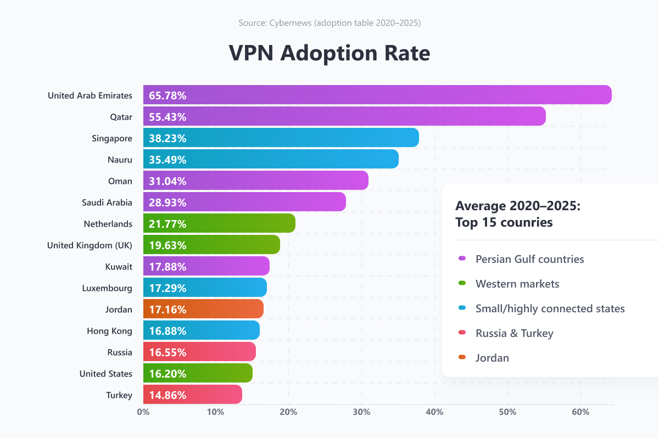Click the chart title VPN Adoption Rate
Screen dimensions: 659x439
pyautogui.click(x=329, y=53)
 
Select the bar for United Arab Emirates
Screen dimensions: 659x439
pyautogui.click(x=377, y=95)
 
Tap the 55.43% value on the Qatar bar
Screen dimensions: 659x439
pyautogui.click(x=167, y=117)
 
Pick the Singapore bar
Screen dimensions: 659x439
pyautogui.click(x=281, y=137)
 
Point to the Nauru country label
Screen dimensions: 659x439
pyautogui.click(x=120, y=160)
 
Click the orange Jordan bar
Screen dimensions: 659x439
pyautogui.click(x=203, y=309)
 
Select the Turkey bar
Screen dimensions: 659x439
pyautogui.click(x=193, y=395)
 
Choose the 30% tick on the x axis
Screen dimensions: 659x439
pyautogui.click(x=361, y=412)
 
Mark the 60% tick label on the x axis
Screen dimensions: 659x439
pyautogui.click(x=580, y=412)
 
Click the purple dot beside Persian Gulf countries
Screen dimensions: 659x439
pyautogui.click(x=462, y=258)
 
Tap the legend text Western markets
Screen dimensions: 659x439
pyautogui.click(x=517, y=284)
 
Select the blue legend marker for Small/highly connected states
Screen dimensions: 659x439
pyautogui.click(x=462, y=307)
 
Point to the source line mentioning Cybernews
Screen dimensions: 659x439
pyautogui.click(x=329, y=22)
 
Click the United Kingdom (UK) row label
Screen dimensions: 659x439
pyautogui.click(x=90, y=245)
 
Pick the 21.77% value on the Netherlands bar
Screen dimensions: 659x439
pyautogui.click(x=167, y=224)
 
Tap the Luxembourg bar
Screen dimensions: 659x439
pyautogui.click(x=205, y=288)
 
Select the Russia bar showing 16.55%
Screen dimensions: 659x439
pyautogui.click(x=199, y=351)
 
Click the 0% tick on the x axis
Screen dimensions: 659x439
pyautogui.click(x=143, y=412)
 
